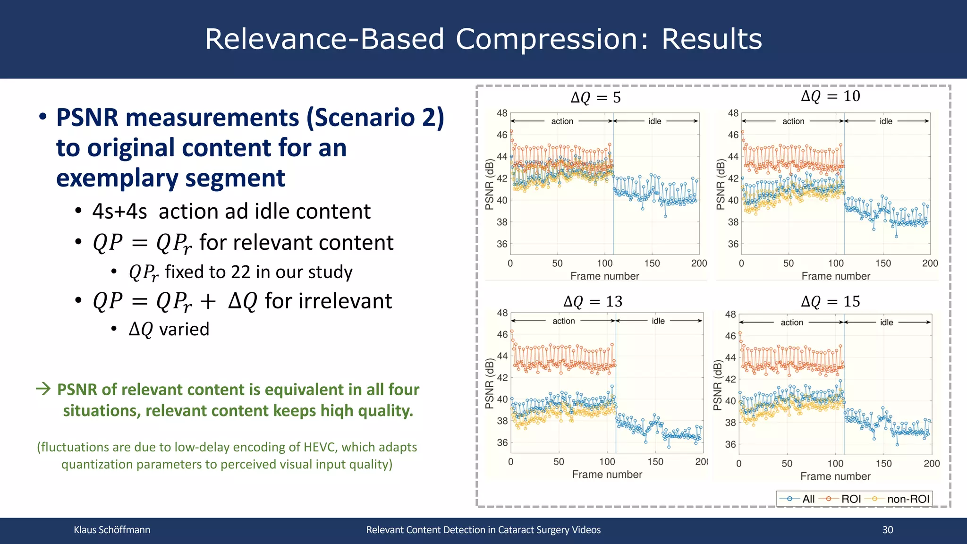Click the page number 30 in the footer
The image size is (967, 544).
coord(888,530)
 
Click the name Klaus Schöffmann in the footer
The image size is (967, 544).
coord(112,530)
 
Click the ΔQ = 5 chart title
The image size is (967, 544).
coord(595,98)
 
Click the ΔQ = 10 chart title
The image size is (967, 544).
coord(831,96)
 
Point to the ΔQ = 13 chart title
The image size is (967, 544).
coord(593,301)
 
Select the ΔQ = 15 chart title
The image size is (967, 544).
coord(831,301)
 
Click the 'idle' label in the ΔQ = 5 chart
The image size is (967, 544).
coord(654,121)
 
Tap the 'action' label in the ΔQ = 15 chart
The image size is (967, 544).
coord(791,323)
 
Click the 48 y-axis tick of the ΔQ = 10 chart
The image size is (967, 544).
coord(733,113)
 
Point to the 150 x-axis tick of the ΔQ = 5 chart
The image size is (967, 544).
coord(652,263)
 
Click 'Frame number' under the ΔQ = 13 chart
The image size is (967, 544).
coord(607,475)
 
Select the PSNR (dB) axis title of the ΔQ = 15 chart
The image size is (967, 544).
coord(718,385)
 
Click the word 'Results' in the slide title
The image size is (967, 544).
coord(712,39)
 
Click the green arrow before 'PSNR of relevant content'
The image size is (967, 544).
coord(43,389)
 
